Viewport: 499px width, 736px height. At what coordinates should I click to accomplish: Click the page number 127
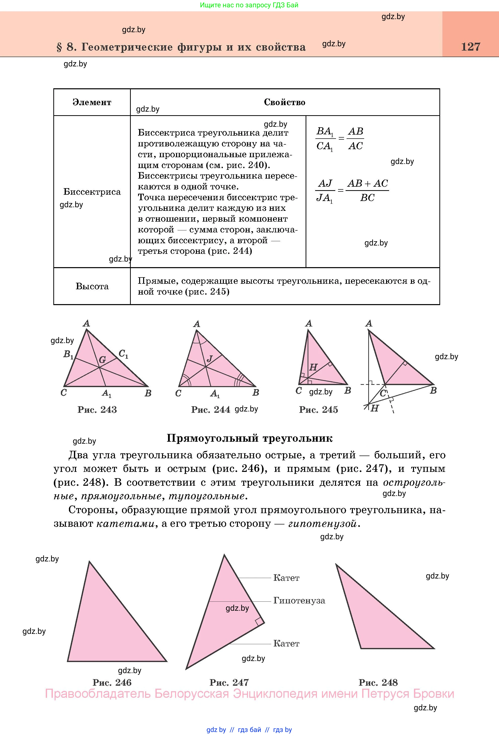click(x=471, y=47)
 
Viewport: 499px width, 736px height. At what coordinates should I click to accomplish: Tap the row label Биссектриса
click(x=92, y=192)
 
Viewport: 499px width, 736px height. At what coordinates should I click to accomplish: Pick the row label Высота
click(x=92, y=286)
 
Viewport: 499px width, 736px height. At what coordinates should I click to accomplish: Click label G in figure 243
click(x=102, y=359)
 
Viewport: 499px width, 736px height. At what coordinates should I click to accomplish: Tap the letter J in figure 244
click(x=209, y=358)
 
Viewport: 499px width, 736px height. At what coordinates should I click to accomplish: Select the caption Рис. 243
click(x=97, y=410)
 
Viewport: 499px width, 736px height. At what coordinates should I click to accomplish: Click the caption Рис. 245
click(x=318, y=410)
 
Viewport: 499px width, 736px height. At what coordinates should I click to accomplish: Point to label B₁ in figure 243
click(x=68, y=354)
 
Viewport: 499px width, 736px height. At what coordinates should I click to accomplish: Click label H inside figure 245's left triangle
click(x=313, y=367)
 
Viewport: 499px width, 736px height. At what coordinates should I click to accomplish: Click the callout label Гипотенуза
click(x=299, y=600)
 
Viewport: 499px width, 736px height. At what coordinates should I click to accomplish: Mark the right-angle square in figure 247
click(x=259, y=621)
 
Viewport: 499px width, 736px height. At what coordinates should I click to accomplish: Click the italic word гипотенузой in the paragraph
click(x=322, y=523)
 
